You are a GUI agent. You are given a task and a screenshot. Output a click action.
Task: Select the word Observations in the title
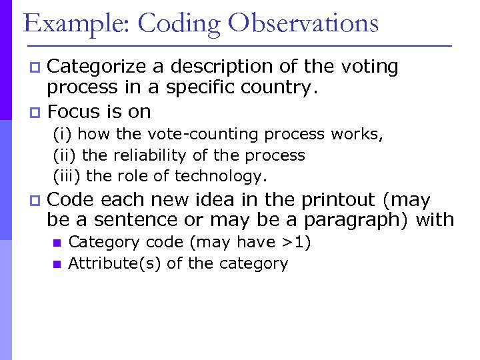303,23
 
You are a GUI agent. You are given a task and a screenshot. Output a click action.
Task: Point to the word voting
369,67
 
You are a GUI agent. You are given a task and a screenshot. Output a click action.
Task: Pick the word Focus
74,111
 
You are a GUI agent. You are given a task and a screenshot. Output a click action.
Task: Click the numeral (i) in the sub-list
63,134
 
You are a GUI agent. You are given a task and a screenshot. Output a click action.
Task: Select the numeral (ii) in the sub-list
65,155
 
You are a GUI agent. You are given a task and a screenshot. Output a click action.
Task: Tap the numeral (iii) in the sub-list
67,176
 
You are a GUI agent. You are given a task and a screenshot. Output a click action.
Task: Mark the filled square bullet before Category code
57,243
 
